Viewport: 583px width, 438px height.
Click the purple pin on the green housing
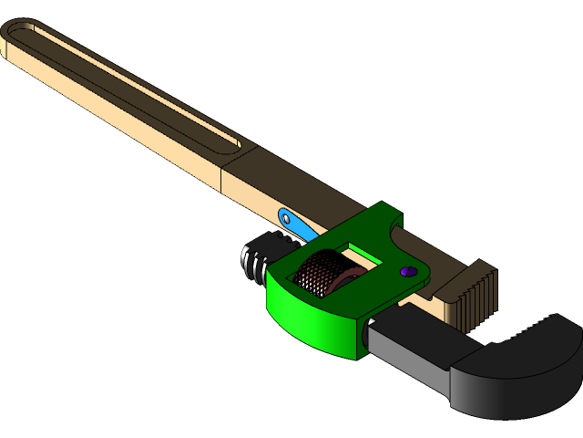[x=406, y=271]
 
